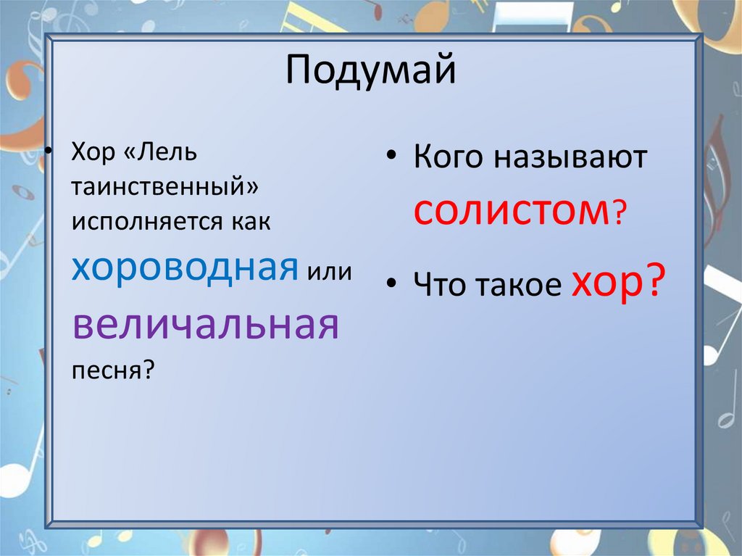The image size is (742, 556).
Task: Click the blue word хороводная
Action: pyautogui.click(x=185, y=269)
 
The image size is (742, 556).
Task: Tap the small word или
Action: pyautogui.click(x=329, y=273)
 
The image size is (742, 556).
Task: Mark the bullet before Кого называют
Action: pyautogui.click(x=392, y=159)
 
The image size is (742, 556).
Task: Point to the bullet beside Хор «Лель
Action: pyautogui.click(x=50, y=154)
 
